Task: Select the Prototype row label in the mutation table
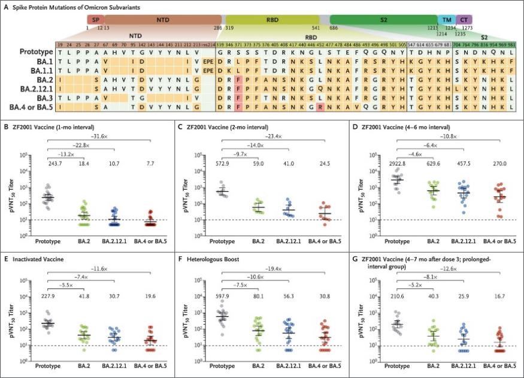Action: coord(33,52)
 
